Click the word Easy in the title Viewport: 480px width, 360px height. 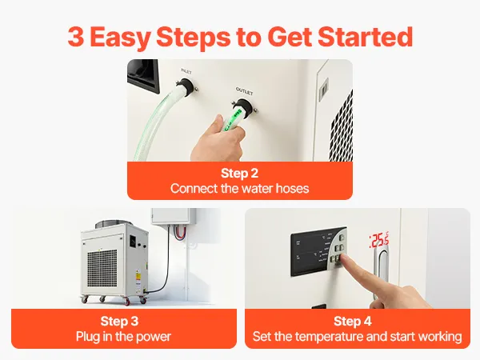click(x=120, y=38)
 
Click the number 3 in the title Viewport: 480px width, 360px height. click(x=75, y=37)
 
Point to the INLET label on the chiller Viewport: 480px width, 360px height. click(x=186, y=71)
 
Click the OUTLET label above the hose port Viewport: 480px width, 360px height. click(x=244, y=91)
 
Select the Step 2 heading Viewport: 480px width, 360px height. click(x=240, y=174)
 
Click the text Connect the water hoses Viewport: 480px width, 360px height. click(x=240, y=189)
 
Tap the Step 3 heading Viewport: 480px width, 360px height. click(x=119, y=321)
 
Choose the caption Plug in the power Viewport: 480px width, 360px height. click(x=123, y=337)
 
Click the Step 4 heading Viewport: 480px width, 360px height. click(x=353, y=321)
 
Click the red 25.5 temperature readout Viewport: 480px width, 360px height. click(x=379, y=240)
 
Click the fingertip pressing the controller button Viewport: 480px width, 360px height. click(x=344, y=258)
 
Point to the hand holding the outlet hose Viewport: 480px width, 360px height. click(x=218, y=139)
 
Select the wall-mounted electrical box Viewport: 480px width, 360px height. click(x=174, y=216)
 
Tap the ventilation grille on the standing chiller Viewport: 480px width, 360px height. click(x=102, y=268)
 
